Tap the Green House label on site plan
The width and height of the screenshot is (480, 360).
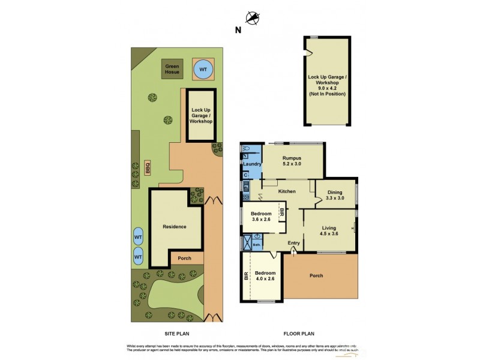[x=172, y=69]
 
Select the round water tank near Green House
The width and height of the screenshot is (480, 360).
[x=203, y=70]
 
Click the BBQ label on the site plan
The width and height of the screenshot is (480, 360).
[x=148, y=169]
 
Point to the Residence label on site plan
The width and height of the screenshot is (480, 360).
[x=174, y=227]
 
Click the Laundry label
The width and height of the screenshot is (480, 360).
[x=251, y=164]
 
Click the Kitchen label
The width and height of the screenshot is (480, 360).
[x=287, y=191]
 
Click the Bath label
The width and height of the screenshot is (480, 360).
[x=256, y=245]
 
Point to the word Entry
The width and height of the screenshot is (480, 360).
[x=293, y=242]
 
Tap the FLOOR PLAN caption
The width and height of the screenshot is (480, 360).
[x=299, y=333]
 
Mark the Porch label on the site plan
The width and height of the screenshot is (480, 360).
[x=185, y=259]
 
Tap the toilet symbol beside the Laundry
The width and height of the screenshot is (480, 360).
[x=246, y=149]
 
